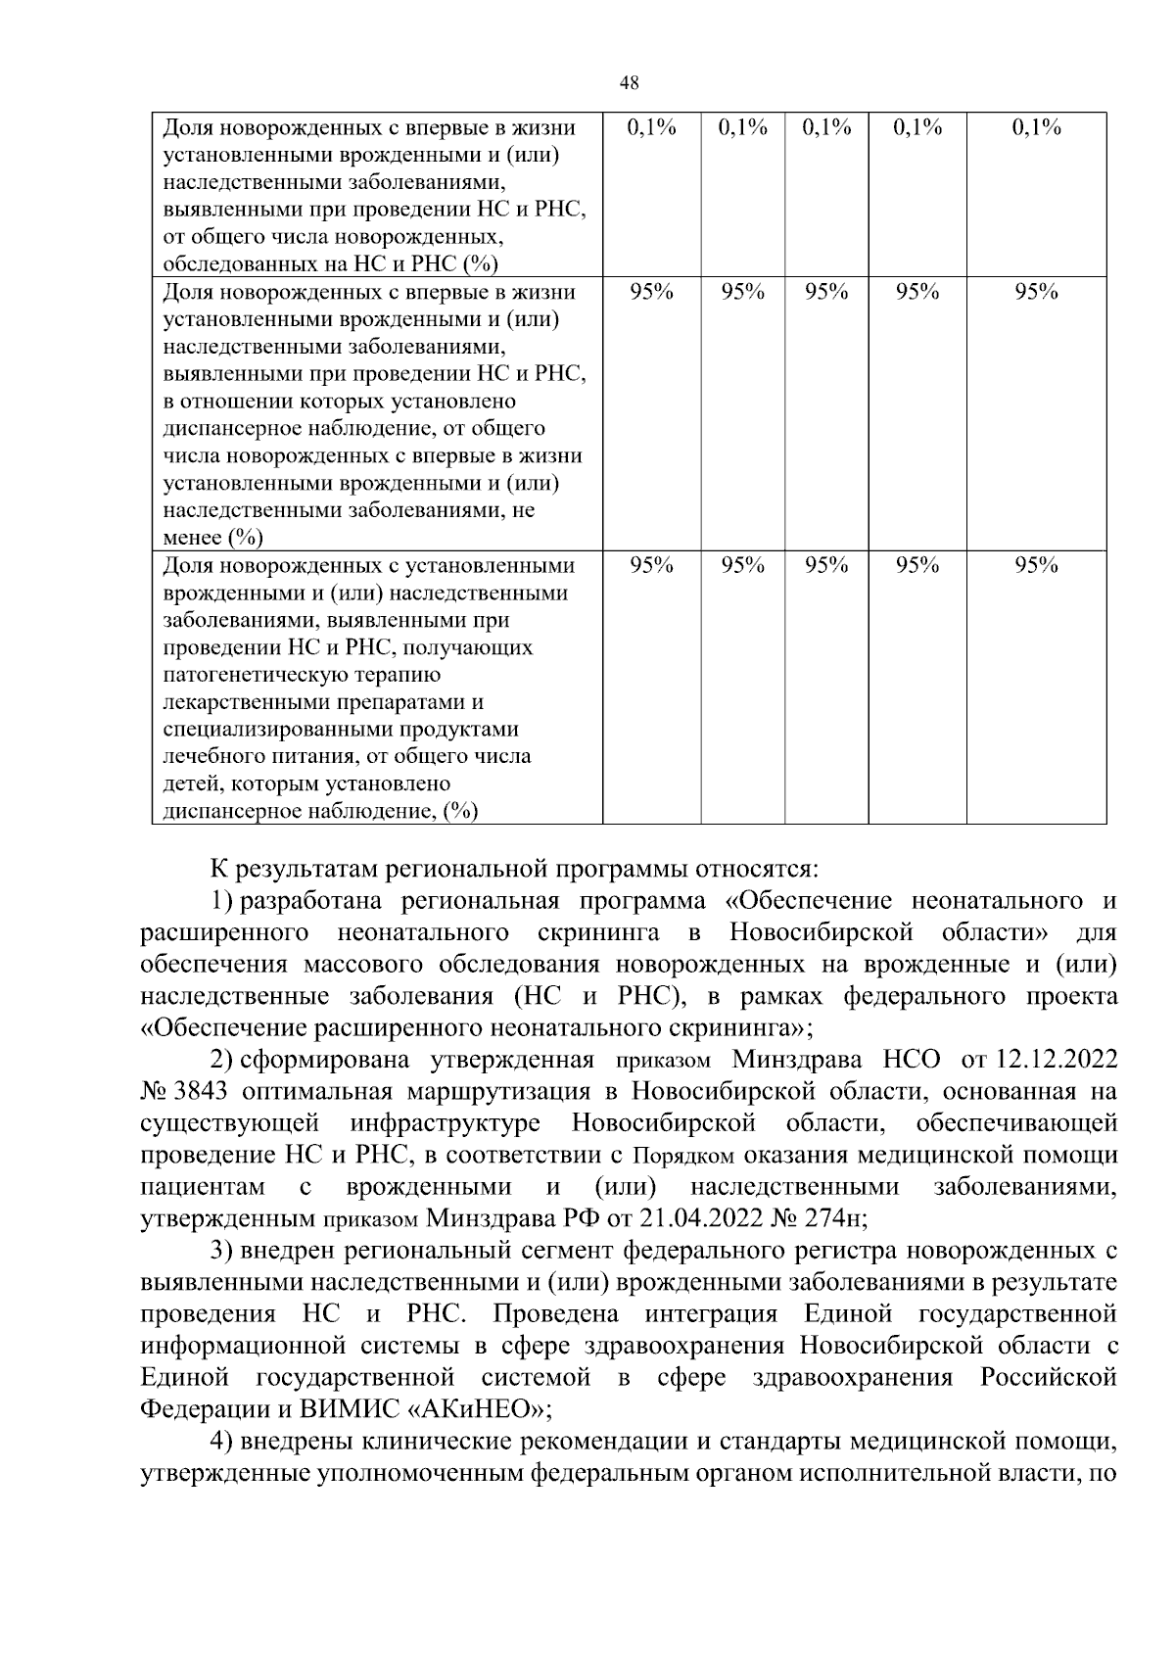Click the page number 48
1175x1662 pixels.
(630, 83)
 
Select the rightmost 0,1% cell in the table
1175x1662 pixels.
(1036, 127)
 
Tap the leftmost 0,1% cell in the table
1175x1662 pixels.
(651, 127)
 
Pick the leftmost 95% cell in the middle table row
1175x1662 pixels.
(651, 292)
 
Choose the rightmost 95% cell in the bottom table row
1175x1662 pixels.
(1036, 565)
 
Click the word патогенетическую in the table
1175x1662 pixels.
(302, 675)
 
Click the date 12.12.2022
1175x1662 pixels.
(1056, 1060)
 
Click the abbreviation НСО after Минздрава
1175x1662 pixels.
(912, 1060)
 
